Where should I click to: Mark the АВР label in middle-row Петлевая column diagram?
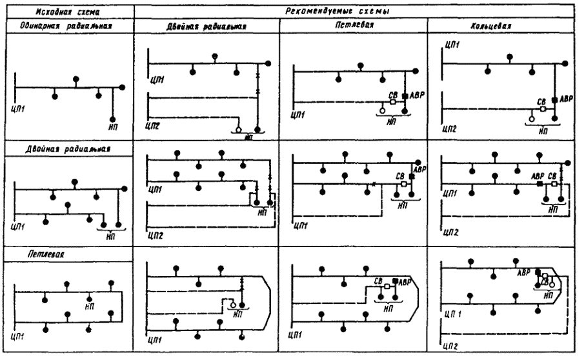tap(420, 170)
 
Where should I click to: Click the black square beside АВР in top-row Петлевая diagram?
tap(405, 97)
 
